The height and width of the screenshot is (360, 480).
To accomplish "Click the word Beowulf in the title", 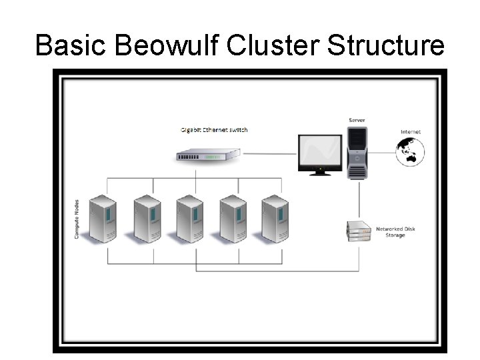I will coord(169,45).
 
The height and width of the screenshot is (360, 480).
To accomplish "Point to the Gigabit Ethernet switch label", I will coord(214,129).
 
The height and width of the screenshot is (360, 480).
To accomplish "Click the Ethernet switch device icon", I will coord(208,155).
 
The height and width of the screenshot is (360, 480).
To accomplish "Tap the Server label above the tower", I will coord(357,120).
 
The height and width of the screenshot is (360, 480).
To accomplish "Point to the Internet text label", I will coord(410,132).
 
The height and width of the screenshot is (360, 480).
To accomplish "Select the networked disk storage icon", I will coord(358,230).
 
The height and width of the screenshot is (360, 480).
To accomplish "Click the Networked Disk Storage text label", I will coord(395,232).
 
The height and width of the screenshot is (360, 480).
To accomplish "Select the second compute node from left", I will coord(147,218).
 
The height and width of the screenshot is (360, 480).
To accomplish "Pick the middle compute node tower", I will coord(189,218).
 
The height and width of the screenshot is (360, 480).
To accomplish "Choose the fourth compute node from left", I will coord(233,218).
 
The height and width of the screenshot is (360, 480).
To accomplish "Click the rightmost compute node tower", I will coord(275,218).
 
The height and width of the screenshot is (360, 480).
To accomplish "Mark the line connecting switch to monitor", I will coord(267,154).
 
